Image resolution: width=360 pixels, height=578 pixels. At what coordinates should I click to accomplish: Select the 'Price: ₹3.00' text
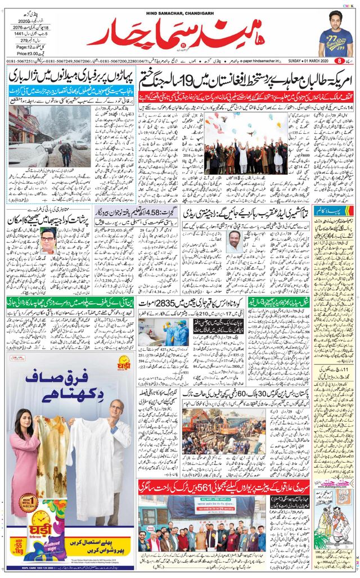[24, 52]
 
